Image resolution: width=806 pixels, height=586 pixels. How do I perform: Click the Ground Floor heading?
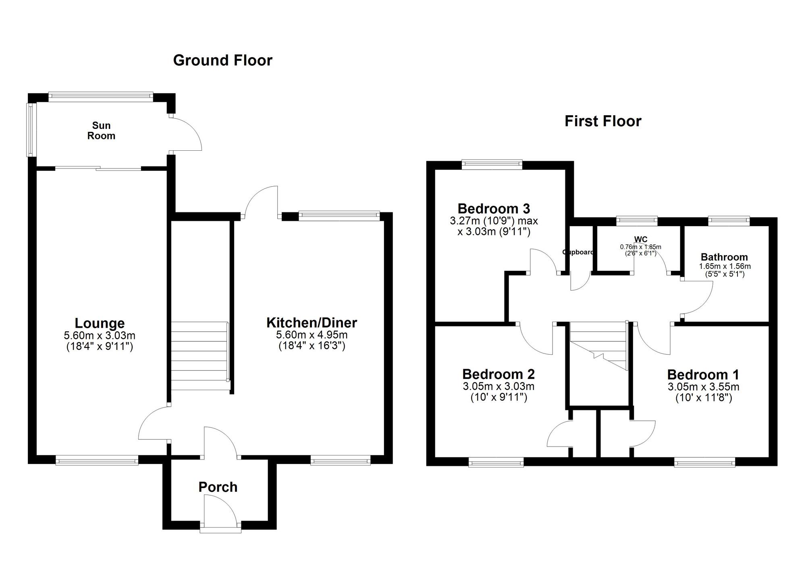pyautogui.click(x=222, y=60)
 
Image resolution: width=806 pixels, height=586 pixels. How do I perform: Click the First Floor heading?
pyautogui.click(x=602, y=121)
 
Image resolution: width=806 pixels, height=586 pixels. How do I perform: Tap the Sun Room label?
pyautogui.click(x=101, y=131)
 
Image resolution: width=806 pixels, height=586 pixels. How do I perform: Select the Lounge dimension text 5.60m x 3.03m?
pyautogui.click(x=99, y=335)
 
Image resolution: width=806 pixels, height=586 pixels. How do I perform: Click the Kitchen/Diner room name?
pyautogui.click(x=312, y=322)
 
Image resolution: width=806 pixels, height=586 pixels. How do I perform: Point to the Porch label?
pyautogui.click(x=218, y=487)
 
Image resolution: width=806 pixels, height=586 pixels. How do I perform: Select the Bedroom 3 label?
pyautogui.click(x=494, y=208)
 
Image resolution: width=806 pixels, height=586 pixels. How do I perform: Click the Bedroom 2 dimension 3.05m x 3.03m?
pyautogui.click(x=499, y=387)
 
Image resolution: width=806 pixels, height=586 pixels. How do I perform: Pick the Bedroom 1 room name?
pyautogui.click(x=703, y=374)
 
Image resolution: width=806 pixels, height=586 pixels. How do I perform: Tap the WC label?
pyautogui.click(x=640, y=240)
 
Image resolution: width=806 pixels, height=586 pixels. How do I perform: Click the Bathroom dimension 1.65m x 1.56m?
pyautogui.click(x=724, y=266)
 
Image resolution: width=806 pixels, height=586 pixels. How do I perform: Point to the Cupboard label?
pyautogui.click(x=578, y=252)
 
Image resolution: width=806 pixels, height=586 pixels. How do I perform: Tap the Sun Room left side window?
pyautogui.click(x=31, y=130)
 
